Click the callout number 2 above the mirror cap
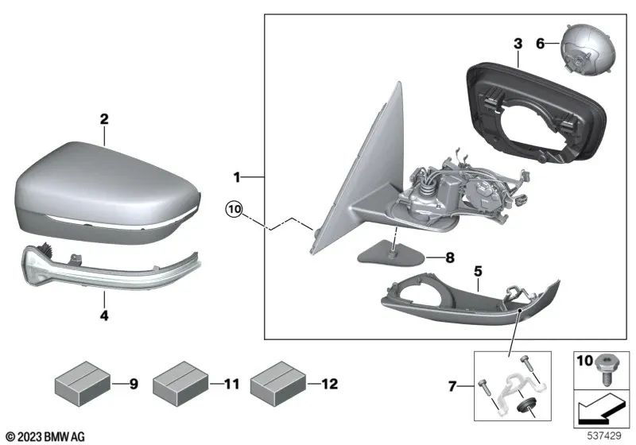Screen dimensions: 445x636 (103, 119)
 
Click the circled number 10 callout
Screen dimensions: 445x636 (233, 210)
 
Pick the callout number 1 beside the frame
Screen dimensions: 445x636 (236, 174)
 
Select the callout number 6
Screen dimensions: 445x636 (541, 46)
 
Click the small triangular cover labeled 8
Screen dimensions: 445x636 (390, 253)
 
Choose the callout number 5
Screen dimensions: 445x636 (477, 271)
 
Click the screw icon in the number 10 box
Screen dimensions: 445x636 (606, 368)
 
